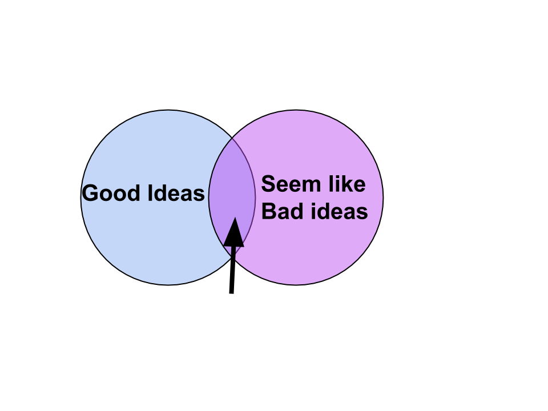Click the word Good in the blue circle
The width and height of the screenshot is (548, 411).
(x=111, y=194)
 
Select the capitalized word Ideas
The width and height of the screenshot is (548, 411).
(x=176, y=193)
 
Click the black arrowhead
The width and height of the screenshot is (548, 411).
(x=234, y=232)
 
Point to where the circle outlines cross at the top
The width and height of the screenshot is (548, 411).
(x=232, y=138)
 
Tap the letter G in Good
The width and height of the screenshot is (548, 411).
(x=90, y=194)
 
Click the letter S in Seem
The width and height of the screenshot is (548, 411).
(x=269, y=184)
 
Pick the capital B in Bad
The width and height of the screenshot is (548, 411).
(x=269, y=211)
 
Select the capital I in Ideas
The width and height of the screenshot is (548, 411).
(x=150, y=194)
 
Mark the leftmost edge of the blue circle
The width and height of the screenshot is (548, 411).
(x=80, y=198)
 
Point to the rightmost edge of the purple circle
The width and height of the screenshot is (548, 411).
(x=384, y=198)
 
